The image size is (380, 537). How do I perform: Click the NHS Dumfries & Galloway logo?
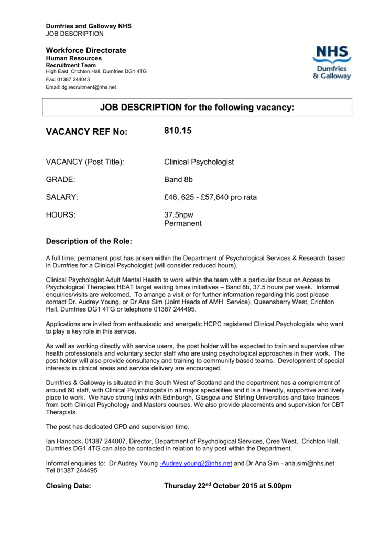point(332,62)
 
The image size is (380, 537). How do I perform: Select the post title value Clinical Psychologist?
point(199,162)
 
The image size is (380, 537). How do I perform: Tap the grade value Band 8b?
point(178,180)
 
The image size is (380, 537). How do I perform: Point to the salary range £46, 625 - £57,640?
point(210,197)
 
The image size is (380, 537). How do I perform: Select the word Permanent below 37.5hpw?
point(182,223)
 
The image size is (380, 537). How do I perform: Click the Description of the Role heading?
point(89,241)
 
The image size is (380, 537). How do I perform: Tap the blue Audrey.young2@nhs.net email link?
point(196,464)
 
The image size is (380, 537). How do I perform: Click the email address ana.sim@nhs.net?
point(309,464)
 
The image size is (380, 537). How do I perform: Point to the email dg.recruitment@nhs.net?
point(89,87)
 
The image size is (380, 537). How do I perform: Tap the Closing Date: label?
point(69,486)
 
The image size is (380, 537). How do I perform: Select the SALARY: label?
point(62,197)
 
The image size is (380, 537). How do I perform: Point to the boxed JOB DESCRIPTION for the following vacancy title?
point(197,108)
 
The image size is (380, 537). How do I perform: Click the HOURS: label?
point(60,215)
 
